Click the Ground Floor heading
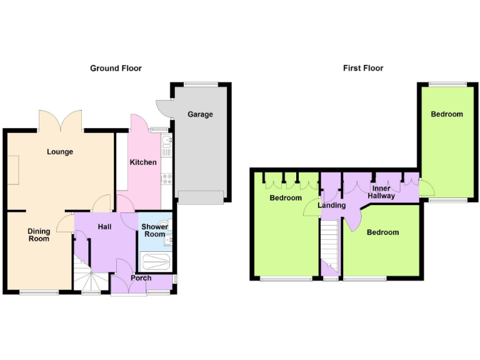[116, 68]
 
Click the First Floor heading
[363, 68]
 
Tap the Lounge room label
[60, 152]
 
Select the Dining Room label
[39, 235]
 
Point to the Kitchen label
[143, 162]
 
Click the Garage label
[200, 114]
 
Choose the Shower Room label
[154, 231]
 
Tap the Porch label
[141, 278]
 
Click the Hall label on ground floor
[104, 226]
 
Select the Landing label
[331, 206]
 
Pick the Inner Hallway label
[381, 192]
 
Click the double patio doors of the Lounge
[60, 120]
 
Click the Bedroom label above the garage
[447, 114]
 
